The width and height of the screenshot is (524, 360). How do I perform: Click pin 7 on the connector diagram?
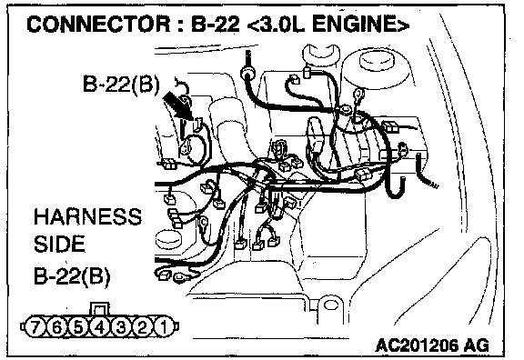[35, 326]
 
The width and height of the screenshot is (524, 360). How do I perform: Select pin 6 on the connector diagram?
[56, 326]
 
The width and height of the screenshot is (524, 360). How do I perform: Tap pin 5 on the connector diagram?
[78, 326]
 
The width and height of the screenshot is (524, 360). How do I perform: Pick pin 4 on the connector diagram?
[99, 326]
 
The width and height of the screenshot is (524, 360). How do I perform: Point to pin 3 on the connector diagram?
[121, 326]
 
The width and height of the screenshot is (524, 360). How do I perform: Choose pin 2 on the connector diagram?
[142, 326]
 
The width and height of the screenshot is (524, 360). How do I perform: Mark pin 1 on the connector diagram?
[164, 326]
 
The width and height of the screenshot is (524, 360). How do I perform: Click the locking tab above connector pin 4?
[99, 309]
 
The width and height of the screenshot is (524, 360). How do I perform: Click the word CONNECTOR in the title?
[98, 25]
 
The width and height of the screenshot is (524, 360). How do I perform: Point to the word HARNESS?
[87, 216]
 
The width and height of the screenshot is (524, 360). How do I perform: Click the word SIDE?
[59, 244]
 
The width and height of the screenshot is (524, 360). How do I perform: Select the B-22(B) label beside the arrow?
[121, 84]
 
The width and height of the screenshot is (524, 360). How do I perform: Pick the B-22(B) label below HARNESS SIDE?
[72, 276]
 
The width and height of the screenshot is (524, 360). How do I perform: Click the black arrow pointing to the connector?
[177, 105]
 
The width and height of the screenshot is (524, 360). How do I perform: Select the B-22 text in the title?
[216, 25]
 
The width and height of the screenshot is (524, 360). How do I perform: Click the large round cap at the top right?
[376, 68]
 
